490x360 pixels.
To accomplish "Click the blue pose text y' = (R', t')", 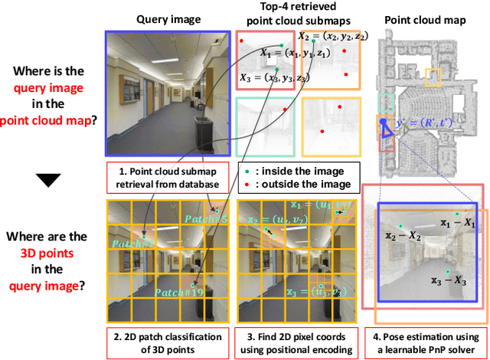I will [x=419, y=123].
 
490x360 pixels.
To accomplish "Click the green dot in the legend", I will [x=244, y=170].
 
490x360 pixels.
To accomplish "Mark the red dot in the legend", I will [x=244, y=184].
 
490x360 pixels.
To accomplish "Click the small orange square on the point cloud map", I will [x=433, y=78].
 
